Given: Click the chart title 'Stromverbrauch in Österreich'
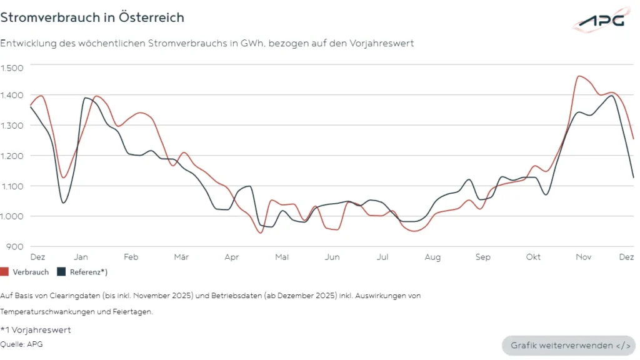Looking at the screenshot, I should tap(92, 17).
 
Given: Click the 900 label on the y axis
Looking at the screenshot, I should tap(13, 246).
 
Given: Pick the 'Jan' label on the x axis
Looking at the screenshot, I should tap(81, 257).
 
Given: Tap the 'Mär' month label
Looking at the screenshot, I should tap(181, 257).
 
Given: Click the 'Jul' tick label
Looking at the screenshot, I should tap(382, 257).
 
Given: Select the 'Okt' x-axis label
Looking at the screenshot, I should tap(533, 257).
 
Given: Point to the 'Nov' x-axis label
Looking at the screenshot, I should tap(584, 257).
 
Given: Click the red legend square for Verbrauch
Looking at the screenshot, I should tap(4, 272).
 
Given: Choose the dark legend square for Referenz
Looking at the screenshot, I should tap(61, 272).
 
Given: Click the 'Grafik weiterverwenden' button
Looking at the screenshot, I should tap(569, 346).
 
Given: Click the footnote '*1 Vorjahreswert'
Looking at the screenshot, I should tap(36, 330).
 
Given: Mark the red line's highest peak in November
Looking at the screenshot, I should tap(580, 76).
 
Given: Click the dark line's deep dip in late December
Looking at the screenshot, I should tap(64, 202).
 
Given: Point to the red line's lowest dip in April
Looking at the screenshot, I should tap(260, 233).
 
